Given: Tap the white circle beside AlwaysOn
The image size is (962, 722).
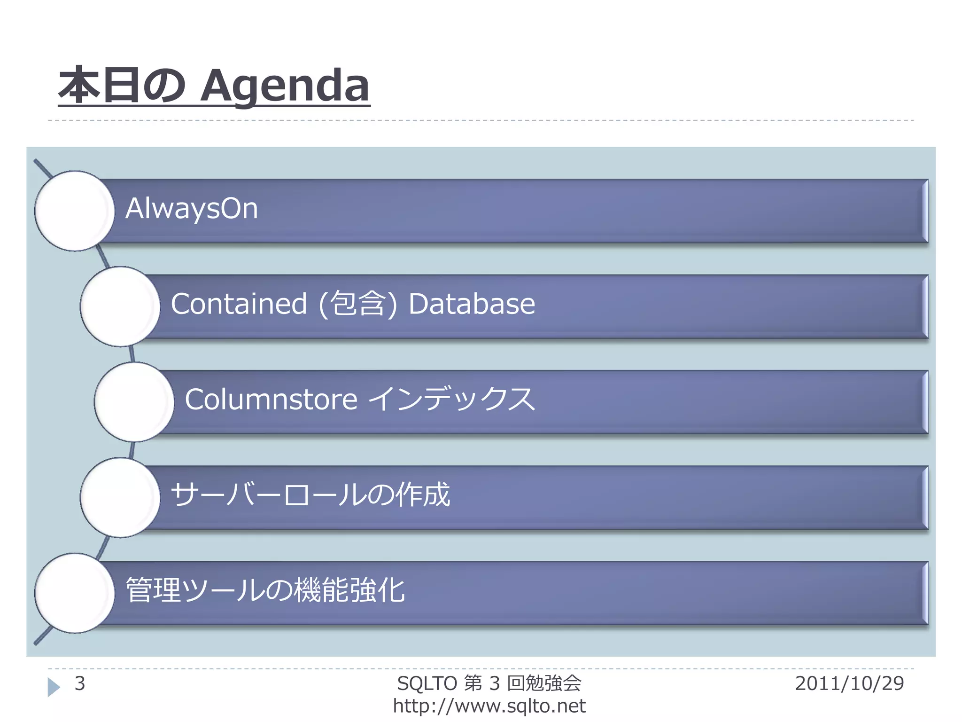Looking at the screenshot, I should point(74,211).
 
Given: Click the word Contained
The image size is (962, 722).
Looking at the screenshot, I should point(239,304).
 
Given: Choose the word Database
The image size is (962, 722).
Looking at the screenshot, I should point(472,304).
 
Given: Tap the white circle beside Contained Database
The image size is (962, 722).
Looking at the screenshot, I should point(120,306).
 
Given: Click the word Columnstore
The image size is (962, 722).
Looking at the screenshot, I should point(271,400).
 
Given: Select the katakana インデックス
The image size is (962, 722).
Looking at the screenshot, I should point(451,400).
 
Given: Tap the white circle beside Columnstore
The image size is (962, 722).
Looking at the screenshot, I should point(134,402).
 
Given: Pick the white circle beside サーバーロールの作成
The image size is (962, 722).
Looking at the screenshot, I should point(120,497).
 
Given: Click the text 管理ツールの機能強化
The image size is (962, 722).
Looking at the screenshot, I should point(265,590).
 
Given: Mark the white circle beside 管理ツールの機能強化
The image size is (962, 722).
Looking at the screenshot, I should point(74,593).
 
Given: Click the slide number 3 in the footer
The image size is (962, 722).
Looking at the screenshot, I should point(80,683).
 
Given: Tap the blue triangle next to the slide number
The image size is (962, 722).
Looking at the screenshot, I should point(54,687).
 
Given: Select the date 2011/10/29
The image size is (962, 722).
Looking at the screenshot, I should point(849,683).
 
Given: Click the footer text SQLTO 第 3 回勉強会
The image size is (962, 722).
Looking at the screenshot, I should point(489,683).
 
